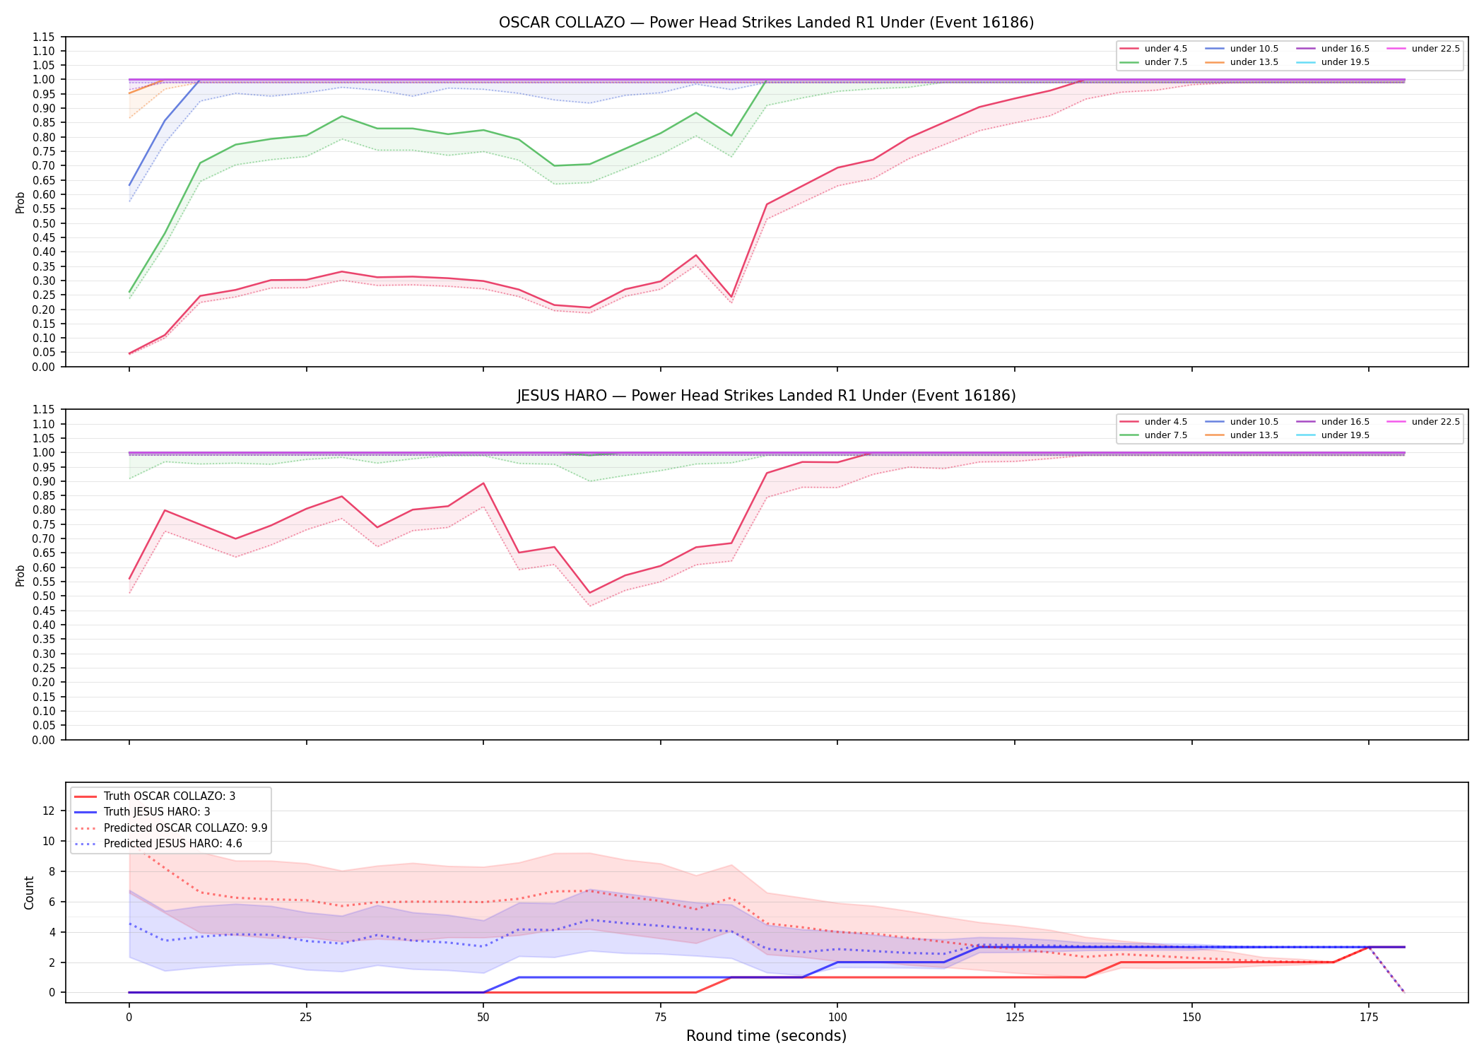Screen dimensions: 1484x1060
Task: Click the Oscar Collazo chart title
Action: [766, 23]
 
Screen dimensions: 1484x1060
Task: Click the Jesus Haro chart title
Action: [766, 396]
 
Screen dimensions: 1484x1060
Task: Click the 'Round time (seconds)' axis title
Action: [766, 1036]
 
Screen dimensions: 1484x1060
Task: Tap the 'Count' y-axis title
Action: [29, 893]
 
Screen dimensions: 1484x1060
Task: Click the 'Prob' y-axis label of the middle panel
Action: [20, 576]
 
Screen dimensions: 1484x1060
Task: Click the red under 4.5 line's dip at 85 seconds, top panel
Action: [731, 297]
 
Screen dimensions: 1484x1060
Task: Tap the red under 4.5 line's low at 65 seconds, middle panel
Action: [589, 593]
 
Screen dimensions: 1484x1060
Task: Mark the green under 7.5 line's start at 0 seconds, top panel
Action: [129, 292]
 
